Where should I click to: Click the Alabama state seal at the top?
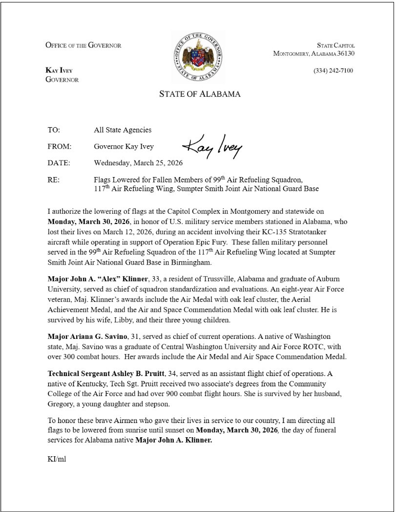coord(197,58)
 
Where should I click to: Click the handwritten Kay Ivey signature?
coord(212,146)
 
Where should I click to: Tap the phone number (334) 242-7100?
coord(333,71)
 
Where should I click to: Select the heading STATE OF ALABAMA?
coord(200,94)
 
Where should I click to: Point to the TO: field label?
coord(54,130)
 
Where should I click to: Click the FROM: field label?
coord(60,146)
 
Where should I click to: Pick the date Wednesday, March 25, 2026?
coord(138,162)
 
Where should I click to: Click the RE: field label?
coord(54,180)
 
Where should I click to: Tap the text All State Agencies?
coord(123,130)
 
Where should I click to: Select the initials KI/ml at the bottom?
coord(56,460)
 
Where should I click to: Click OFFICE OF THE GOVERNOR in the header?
coord(83,45)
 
